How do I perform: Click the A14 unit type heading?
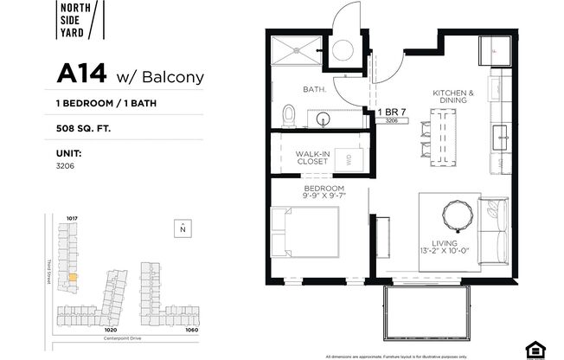pos(82,75)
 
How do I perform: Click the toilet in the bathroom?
pos(289,115)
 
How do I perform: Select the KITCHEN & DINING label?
pos(452,96)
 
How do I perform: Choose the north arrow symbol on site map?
pos(183,228)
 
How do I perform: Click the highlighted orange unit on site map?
pos(73,278)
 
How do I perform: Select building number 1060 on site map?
pos(191,330)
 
